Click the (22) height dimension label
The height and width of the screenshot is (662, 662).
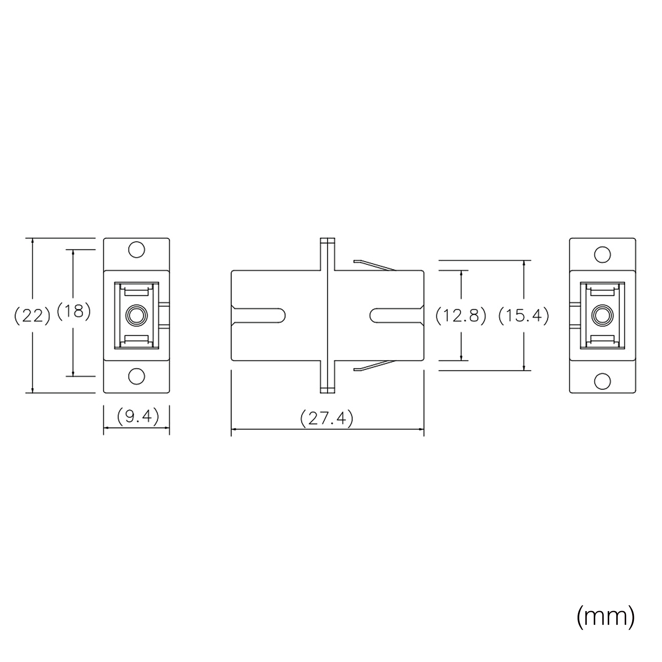32,316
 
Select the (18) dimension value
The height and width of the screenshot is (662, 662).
74,311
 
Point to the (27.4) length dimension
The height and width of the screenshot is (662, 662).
327,418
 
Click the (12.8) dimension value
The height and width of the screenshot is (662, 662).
461,316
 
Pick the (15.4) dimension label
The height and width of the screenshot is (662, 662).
524,316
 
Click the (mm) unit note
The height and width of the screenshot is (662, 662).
606,616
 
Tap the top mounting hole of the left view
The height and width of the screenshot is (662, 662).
137,250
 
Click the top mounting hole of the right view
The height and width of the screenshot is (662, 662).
602,254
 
